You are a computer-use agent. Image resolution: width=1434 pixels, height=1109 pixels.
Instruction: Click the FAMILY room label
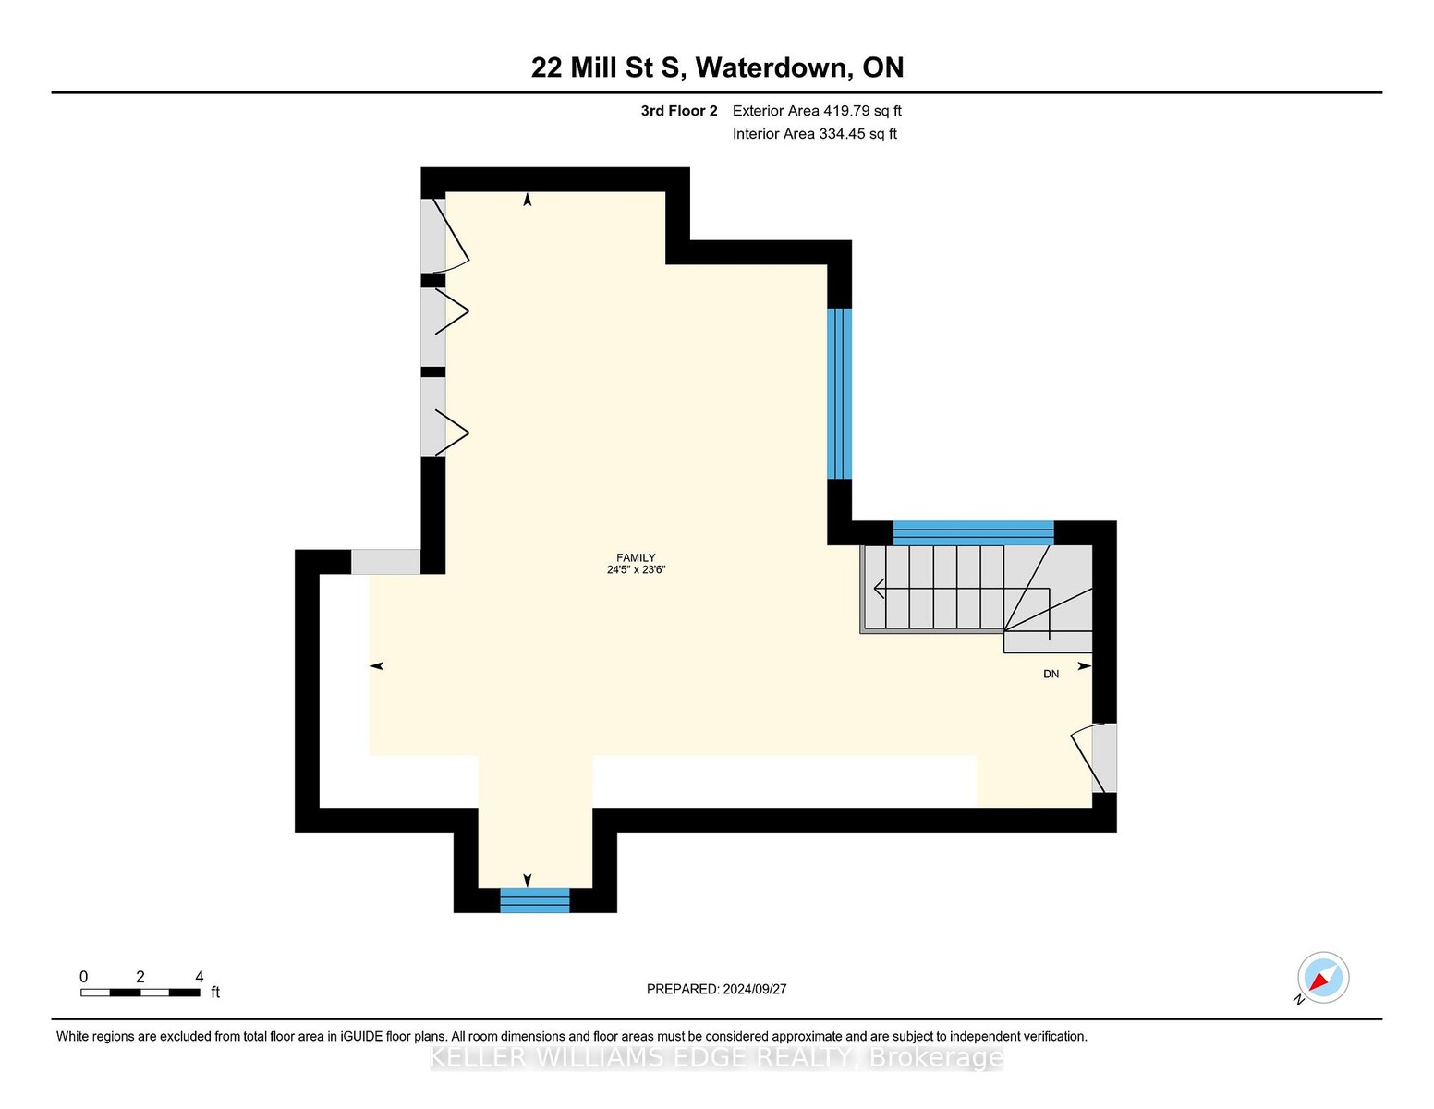point(636,557)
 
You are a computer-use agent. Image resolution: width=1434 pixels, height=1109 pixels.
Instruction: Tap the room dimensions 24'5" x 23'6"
point(637,570)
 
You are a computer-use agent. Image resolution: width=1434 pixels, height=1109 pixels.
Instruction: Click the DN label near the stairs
point(1051,675)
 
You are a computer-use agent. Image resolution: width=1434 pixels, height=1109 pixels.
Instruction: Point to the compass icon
point(1322,979)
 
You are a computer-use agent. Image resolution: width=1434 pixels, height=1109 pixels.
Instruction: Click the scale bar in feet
point(140,993)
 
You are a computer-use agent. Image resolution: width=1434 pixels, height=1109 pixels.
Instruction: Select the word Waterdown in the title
point(772,67)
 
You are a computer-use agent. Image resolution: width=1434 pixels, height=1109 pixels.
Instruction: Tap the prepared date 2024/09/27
point(754,989)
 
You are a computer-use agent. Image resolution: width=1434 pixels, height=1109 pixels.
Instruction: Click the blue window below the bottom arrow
point(535,900)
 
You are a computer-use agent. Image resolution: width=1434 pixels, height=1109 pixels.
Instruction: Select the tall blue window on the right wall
point(839,394)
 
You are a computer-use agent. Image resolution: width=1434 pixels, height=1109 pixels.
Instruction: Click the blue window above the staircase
point(973,533)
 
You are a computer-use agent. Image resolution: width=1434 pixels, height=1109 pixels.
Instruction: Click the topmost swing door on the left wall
point(444,236)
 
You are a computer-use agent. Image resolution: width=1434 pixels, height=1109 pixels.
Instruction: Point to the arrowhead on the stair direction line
point(879,589)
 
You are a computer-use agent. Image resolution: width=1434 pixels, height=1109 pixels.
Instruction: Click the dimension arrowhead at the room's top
point(528,200)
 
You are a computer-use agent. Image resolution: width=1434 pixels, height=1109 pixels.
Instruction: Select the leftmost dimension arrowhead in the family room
point(377,666)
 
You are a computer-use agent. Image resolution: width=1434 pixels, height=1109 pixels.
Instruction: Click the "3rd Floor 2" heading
point(679,111)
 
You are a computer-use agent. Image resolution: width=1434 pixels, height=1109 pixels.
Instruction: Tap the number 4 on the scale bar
point(200,977)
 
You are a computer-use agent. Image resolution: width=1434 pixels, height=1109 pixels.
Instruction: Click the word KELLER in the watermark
point(478,1058)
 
